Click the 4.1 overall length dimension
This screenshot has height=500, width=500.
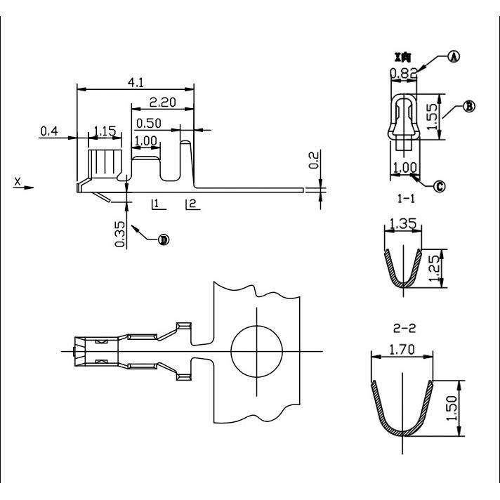(136, 83)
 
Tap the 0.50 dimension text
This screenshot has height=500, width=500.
(148, 123)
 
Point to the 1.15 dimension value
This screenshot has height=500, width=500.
(105, 131)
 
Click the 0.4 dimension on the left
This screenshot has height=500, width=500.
(49, 131)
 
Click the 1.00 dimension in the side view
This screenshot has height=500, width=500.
(145, 140)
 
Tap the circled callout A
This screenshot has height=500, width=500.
(453, 57)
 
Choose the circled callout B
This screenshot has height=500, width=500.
(470, 106)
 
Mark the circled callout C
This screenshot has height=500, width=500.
(440, 186)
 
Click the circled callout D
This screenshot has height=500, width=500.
(163, 239)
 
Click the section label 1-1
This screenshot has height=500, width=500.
(406, 199)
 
